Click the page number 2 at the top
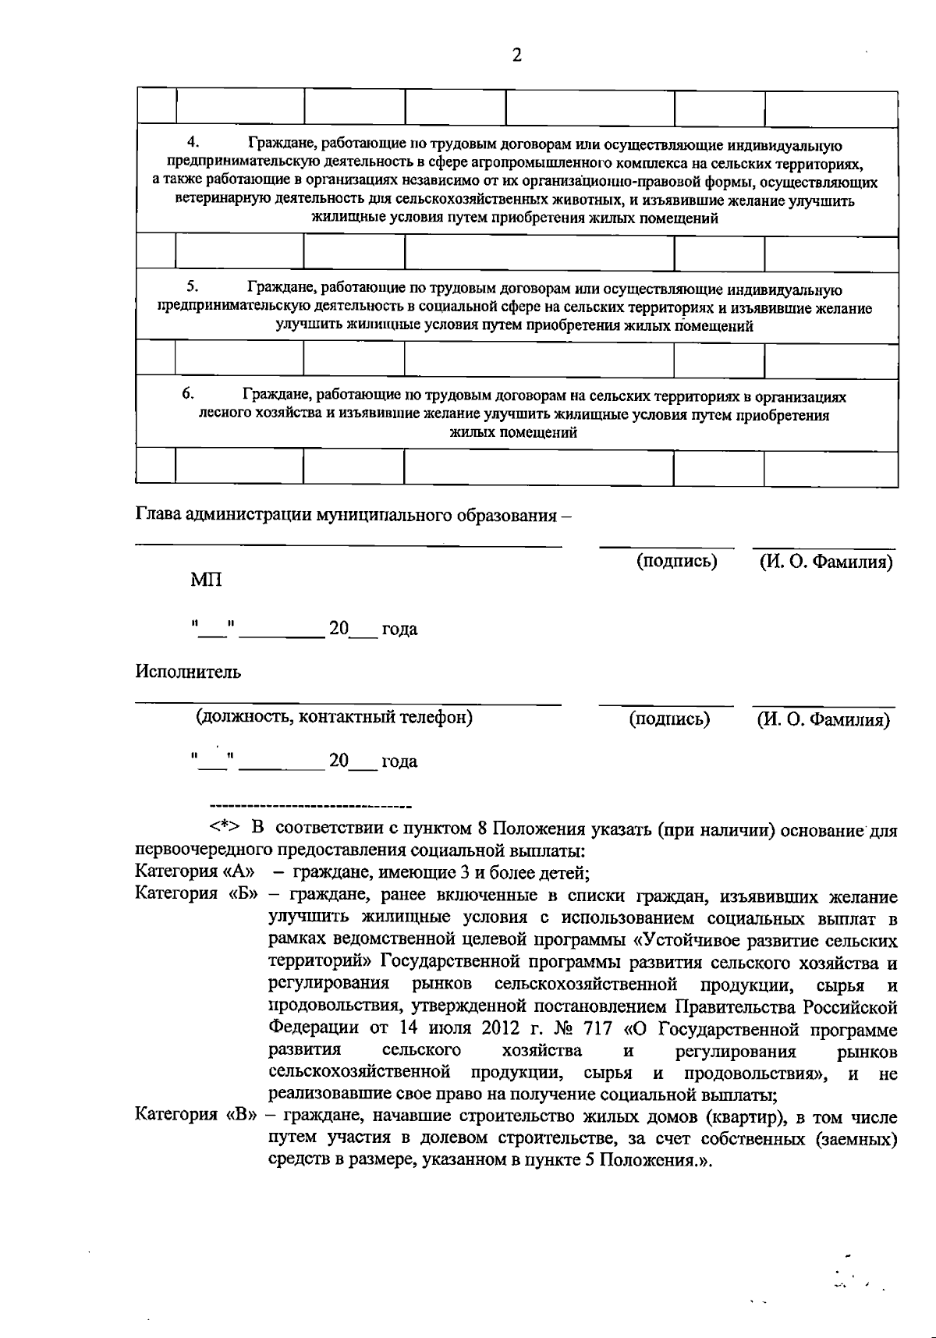tap(516, 55)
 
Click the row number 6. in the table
tap(188, 394)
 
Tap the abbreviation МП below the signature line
tap(206, 580)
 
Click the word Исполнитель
tap(188, 672)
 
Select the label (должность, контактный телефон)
tap(334, 717)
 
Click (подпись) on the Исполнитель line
tap(669, 719)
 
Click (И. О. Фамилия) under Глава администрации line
tap(826, 562)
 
